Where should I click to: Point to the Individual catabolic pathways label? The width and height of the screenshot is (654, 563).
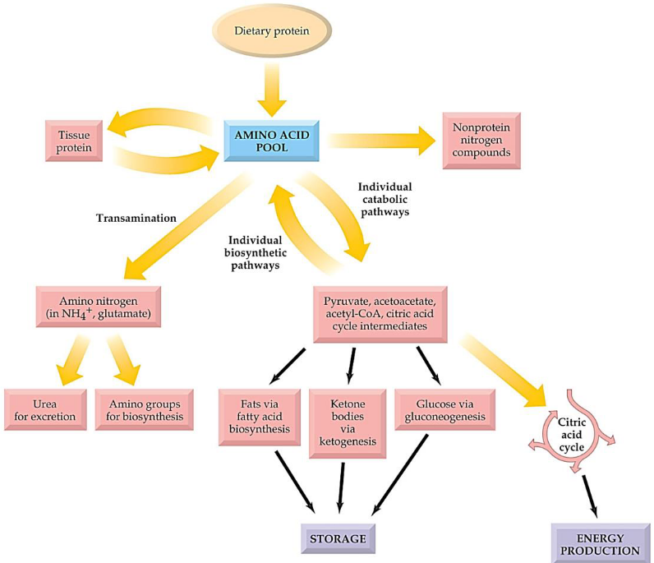(385, 200)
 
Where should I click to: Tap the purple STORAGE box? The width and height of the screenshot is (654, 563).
(338, 540)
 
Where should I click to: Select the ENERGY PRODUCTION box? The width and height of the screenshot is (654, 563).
(596, 543)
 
